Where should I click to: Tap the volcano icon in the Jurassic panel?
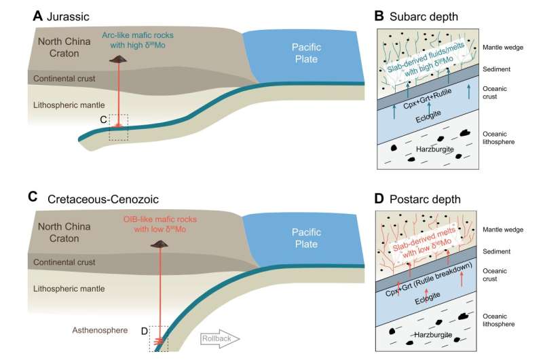click(119, 60)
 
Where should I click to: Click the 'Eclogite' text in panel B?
click(422, 120)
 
